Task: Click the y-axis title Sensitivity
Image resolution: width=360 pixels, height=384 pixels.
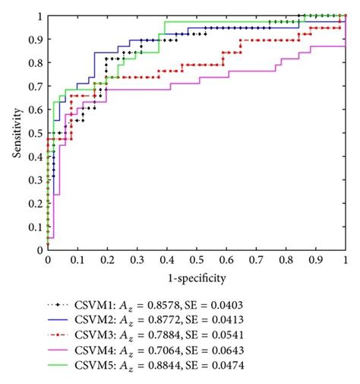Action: coord(16,132)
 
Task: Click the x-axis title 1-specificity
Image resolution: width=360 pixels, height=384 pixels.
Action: coord(196,278)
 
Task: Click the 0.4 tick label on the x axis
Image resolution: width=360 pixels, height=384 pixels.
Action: coord(167,259)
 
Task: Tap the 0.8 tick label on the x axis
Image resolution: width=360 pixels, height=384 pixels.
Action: coord(286,259)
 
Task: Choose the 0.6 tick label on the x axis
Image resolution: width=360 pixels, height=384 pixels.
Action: coord(226,259)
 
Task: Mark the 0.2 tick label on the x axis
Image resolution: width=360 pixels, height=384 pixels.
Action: coord(107,259)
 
